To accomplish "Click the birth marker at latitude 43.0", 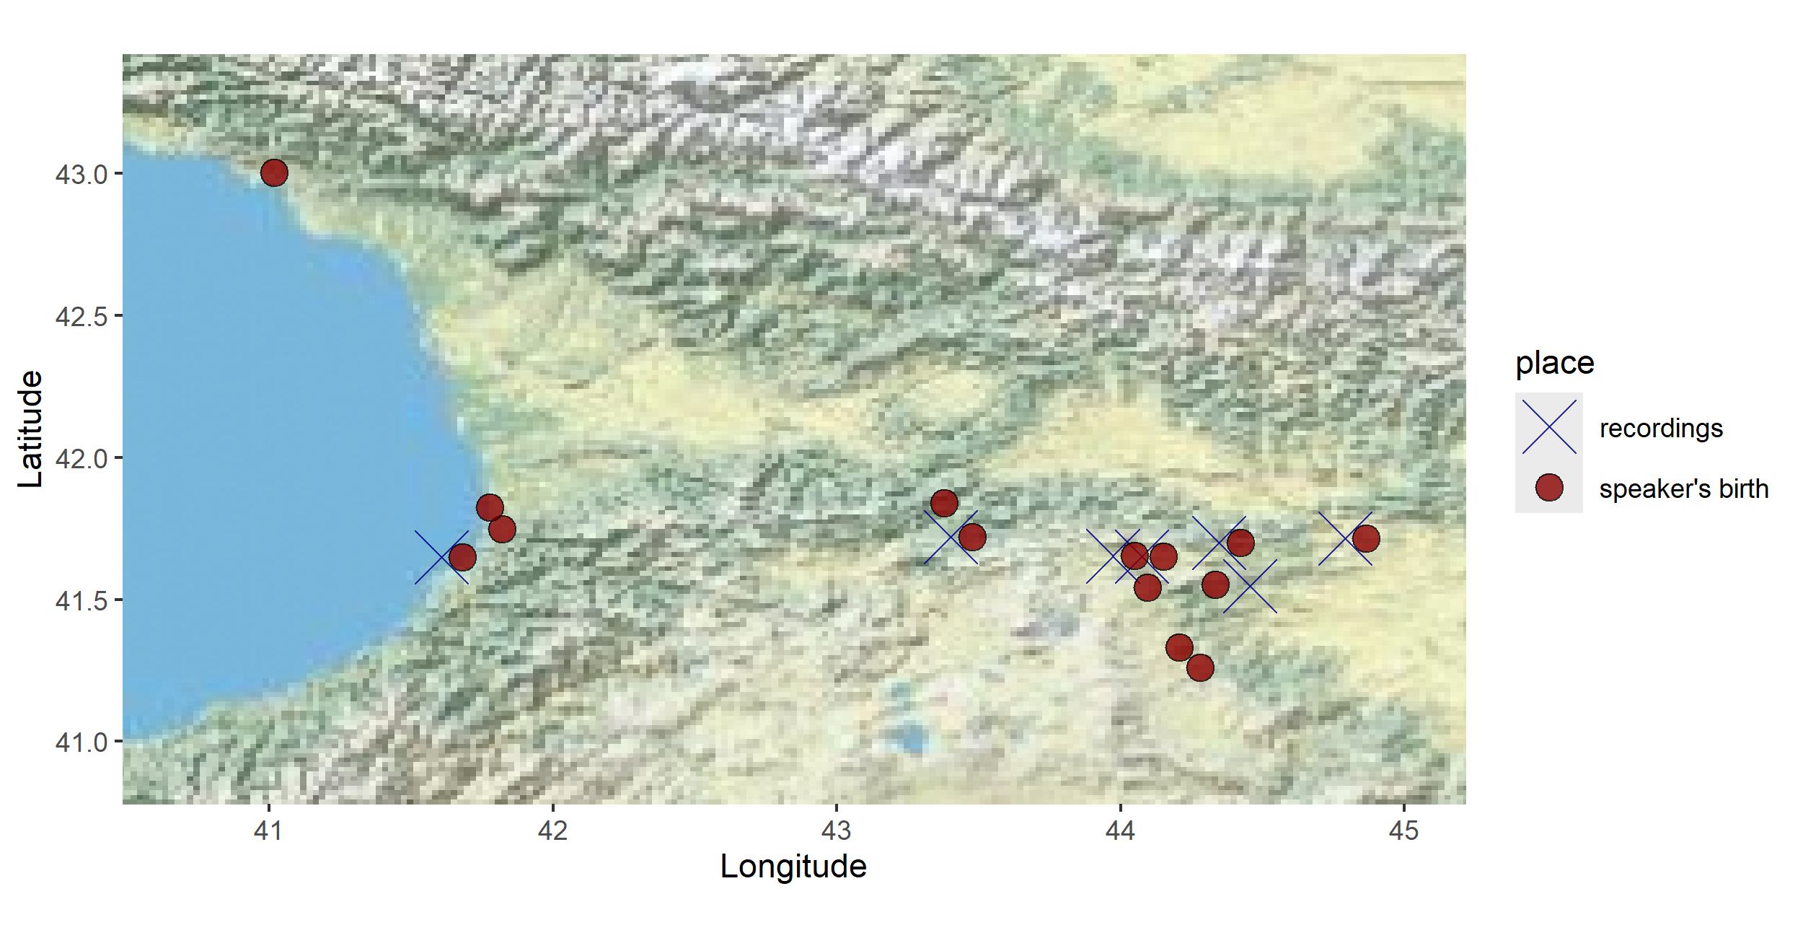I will pyautogui.click(x=274, y=173).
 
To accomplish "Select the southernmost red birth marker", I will pyautogui.click(x=1199, y=668).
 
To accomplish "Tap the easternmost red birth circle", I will pyautogui.click(x=1366, y=538).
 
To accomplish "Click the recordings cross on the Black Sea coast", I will pyautogui.click(x=441, y=557).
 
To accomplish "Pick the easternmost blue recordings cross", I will pyautogui.click(x=1345, y=538).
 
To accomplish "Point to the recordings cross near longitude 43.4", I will pyautogui.click(x=951, y=538).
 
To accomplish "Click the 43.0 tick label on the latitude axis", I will pyautogui.click(x=80, y=174).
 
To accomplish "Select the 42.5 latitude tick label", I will pyautogui.click(x=80, y=316).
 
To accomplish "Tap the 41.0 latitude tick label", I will pyautogui.click(x=80, y=742).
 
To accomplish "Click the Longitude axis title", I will pyautogui.click(x=793, y=867).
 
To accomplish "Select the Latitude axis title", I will pyautogui.click(x=30, y=429).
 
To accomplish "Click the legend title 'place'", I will pyautogui.click(x=1554, y=362).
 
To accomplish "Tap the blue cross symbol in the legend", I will pyautogui.click(x=1548, y=427).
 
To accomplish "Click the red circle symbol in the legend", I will pyautogui.click(x=1548, y=488).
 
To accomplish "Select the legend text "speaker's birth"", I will pyautogui.click(x=1683, y=489).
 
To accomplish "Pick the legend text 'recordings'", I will pyautogui.click(x=1660, y=429).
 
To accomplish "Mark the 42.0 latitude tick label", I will pyautogui.click(x=80, y=458).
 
